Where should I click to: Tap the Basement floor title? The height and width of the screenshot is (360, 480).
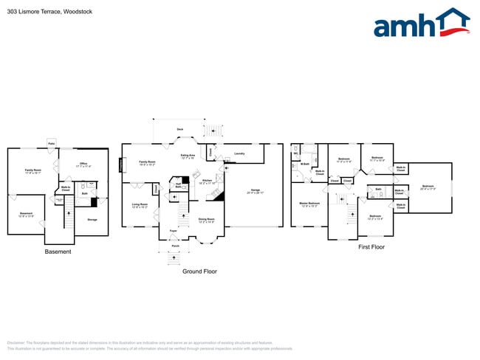coord(58,252)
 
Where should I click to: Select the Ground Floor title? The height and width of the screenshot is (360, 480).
coord(199,271)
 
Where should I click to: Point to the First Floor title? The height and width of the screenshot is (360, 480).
coord(371,247)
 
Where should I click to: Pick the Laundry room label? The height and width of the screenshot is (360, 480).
coord(239,153)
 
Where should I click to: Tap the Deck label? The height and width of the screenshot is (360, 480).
coord(179,128)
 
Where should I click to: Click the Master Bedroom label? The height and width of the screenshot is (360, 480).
coord(309,202)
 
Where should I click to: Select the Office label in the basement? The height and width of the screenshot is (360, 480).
coord(83,164)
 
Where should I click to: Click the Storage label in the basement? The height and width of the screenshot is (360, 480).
coord(92,219)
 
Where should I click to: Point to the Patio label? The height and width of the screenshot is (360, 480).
coord(52,142)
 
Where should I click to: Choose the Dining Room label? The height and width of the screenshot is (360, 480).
coord(206,219)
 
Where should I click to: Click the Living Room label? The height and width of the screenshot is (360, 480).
coord(140,204)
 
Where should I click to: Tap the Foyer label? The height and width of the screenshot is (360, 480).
coord(173,231)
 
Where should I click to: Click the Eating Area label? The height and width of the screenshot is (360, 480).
coord(188,155)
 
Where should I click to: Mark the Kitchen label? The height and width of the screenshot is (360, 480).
coord(208,180)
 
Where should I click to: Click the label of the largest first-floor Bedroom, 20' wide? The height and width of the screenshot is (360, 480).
coord(428,186)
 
